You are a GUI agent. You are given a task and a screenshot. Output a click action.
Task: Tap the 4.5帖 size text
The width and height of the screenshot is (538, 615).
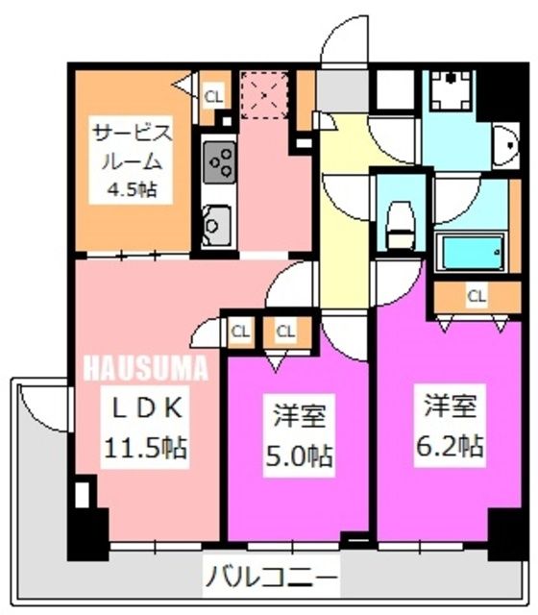[x=132, y=189]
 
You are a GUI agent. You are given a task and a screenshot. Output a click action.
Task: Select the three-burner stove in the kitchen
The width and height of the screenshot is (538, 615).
[x=219, y=160]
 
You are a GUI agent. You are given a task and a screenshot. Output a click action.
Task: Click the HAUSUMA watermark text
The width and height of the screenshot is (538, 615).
[x=144, y=366]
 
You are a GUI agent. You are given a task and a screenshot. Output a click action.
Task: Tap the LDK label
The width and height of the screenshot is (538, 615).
[x=143, y=407]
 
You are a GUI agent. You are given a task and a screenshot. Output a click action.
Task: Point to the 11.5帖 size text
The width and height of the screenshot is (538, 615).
[x=145, y=448]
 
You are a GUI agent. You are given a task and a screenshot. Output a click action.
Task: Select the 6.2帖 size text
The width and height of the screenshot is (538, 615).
[x=450, y=445]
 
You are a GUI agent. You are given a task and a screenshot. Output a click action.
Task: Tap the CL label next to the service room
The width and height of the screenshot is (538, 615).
[x=212, y=95]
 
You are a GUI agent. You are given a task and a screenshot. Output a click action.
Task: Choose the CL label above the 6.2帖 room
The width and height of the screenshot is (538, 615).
[x=476, y=296]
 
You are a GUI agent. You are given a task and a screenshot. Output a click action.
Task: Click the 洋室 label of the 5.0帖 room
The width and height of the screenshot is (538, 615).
[x=299, y=416]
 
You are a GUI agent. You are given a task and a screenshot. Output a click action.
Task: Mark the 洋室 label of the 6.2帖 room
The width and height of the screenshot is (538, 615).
[x=451, y=407]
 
